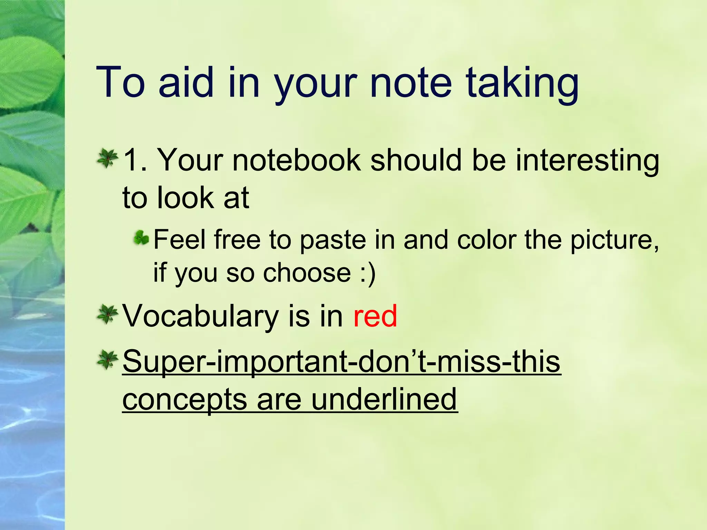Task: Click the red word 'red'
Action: (x=375, y=316)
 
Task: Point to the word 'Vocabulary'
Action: (x=201, y=316)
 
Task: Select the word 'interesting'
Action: (x=587, y=160)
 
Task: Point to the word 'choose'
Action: (x=307, y=273)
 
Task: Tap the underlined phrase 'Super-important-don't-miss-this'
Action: (x=341, y=362)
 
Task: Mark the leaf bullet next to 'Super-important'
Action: (x=107, y=360)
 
